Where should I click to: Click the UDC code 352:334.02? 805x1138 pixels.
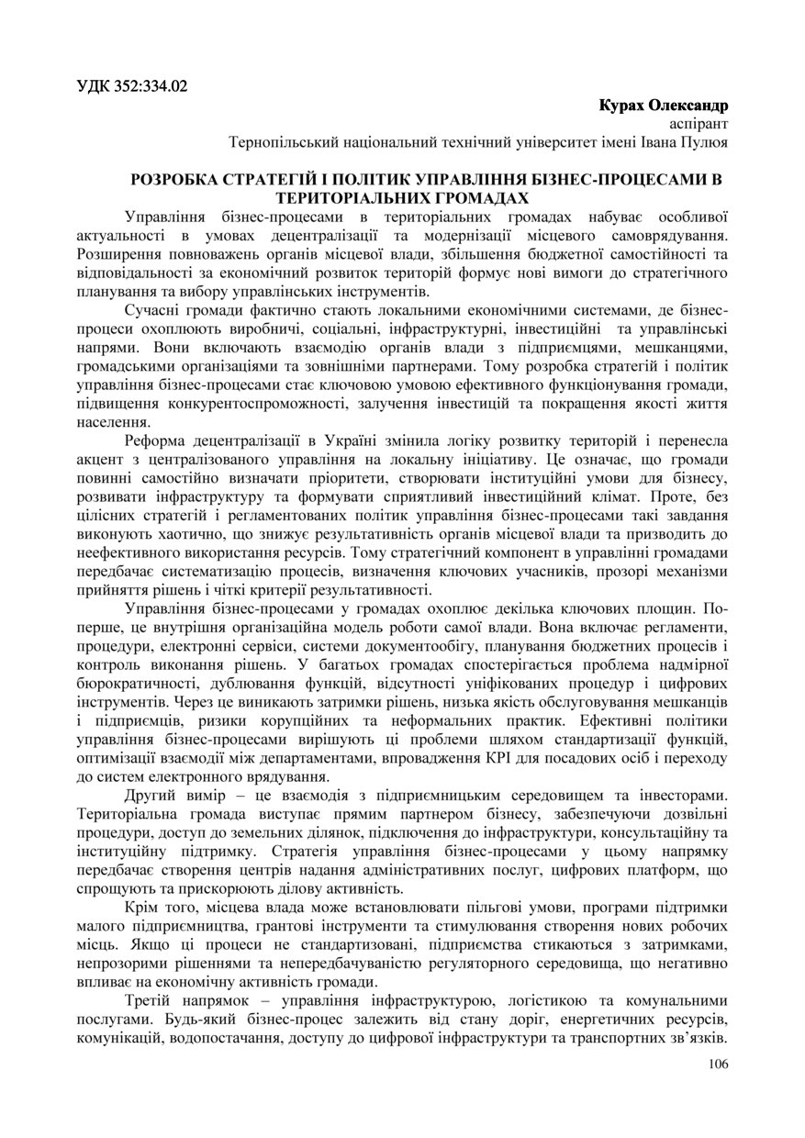point(152,87)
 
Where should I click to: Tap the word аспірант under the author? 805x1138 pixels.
point(699,123)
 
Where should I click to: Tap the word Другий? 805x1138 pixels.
point(151,795)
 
